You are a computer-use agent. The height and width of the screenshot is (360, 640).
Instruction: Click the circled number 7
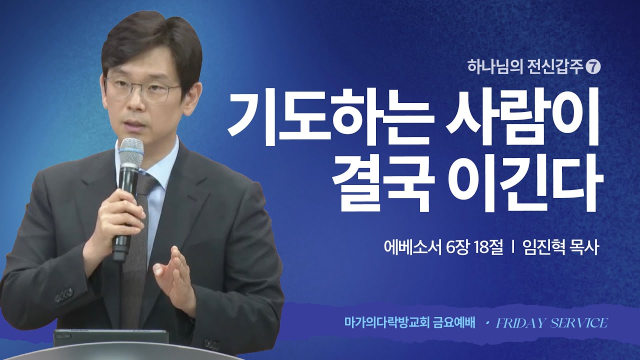click(x=593, y=67)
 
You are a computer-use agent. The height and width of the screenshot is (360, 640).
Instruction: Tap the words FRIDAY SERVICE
click(x=552, y=323)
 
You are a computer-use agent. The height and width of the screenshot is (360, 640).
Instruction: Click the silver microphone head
click(x=131, y=151)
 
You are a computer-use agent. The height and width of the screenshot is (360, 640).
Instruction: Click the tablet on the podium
click(x=110, y=337)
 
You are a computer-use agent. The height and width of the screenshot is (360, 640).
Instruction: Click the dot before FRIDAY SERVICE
click(x=487, y=323)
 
